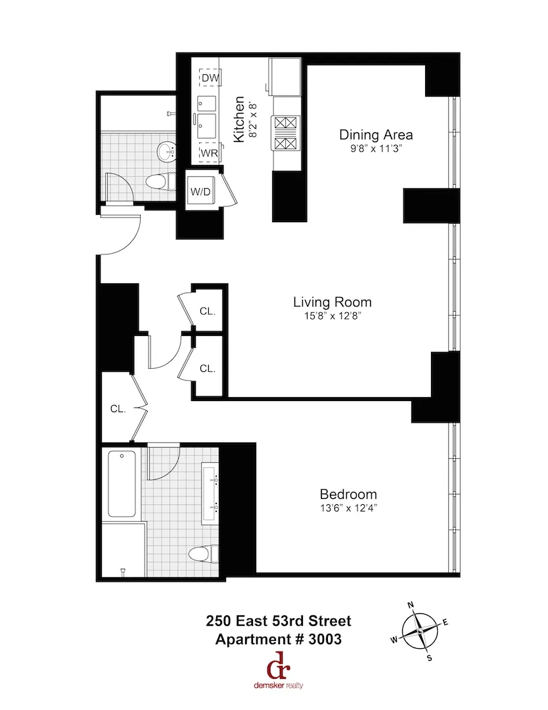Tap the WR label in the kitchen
(x=209, y=153)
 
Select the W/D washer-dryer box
(x=200, y=192)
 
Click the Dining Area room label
(x=376, y=135)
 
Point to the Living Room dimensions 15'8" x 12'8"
(x=332, y=317)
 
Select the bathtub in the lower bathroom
(x=122, y=483)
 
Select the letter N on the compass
(x=411, y=604)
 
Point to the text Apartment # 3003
(x=279, y=640)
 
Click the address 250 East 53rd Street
(x=279, y=621)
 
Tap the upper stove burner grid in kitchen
(x=286, y=123)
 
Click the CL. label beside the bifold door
(x=118, y=409)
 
